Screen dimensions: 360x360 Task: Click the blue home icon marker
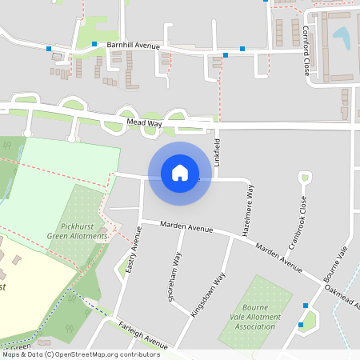point(180,173)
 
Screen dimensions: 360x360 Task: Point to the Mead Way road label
point(144,123)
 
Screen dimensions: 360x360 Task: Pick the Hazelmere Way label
point(250,210)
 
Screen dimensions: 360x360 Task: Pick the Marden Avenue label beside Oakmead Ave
point(279,257)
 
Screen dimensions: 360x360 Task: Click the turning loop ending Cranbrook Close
point(303,177)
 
